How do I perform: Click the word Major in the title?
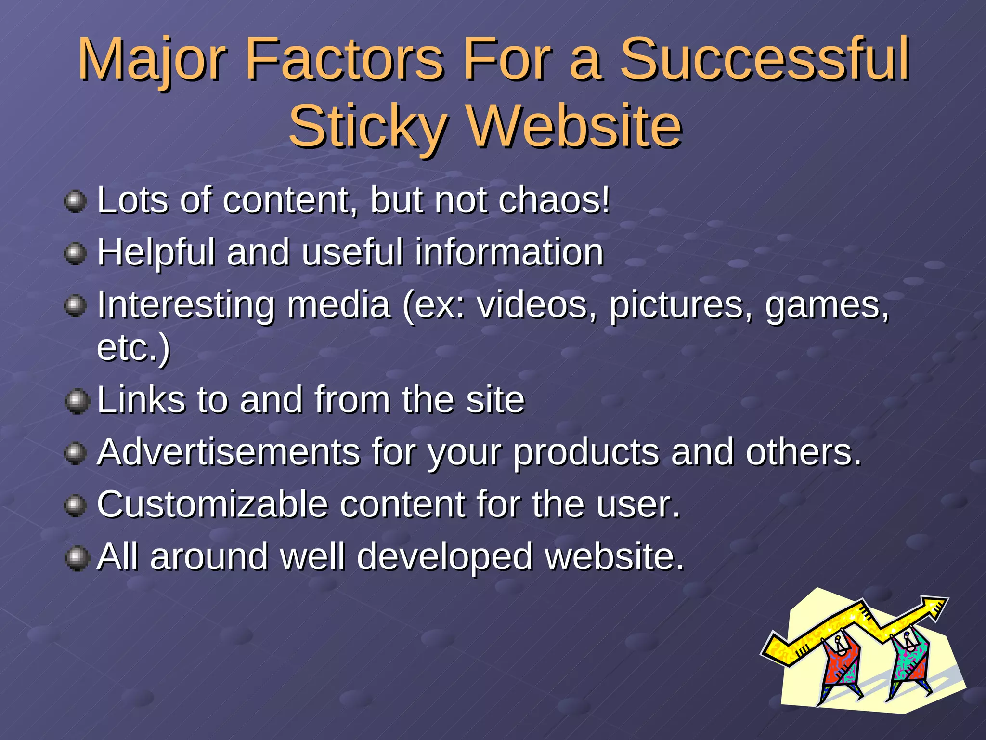pos(152,60)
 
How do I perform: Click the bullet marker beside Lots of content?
pos(75,201)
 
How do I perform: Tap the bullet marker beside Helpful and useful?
pos(75,253)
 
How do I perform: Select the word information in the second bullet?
pos(509,252)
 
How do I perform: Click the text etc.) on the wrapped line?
pos(133,348)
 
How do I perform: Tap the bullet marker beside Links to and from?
pos(76,401)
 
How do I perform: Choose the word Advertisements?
pos(228,452)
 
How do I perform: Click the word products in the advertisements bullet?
pos(586,453)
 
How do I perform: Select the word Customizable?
pos(212,504)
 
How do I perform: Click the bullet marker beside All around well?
pos(76,558)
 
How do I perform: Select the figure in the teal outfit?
pos(909,660)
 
